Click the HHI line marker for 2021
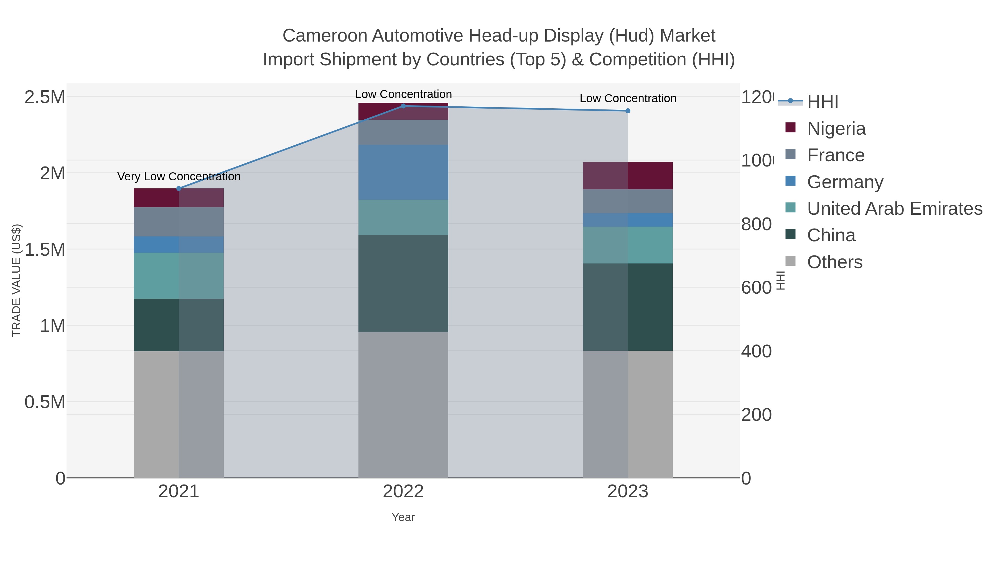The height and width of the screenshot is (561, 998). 179,189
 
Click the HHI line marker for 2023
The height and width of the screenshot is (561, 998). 628,111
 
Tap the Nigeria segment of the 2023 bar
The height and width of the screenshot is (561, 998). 628,175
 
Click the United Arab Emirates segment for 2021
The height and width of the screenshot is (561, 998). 179,275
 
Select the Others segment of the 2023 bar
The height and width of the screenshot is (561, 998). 628,414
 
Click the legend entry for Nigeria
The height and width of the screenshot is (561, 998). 836,129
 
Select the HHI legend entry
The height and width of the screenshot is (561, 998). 823,102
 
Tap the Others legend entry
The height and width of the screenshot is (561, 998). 834,262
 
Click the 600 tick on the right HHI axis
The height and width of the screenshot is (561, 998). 756,288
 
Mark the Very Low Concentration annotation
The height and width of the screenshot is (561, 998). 179,176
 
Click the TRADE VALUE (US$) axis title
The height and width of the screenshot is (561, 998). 16,280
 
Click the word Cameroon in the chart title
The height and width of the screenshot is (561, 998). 324,36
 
